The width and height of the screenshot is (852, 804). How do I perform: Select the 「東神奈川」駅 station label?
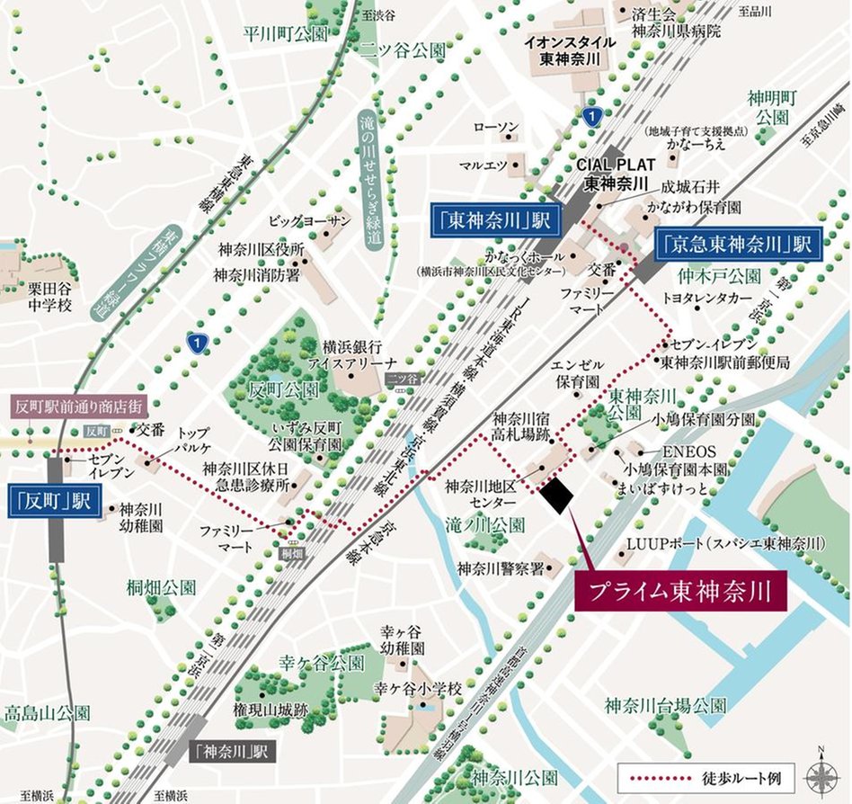click(x=494, y=220)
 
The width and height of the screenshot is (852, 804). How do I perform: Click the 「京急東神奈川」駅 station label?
click(x=738, y=243)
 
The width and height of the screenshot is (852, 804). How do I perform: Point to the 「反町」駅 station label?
click(x=52, y=500)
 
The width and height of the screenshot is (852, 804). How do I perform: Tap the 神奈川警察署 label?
click(x=500, y=568)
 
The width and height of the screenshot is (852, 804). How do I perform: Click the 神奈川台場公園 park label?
click(x=665, y=703)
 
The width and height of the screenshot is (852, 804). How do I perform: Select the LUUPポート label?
click(x=726, y=544)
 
